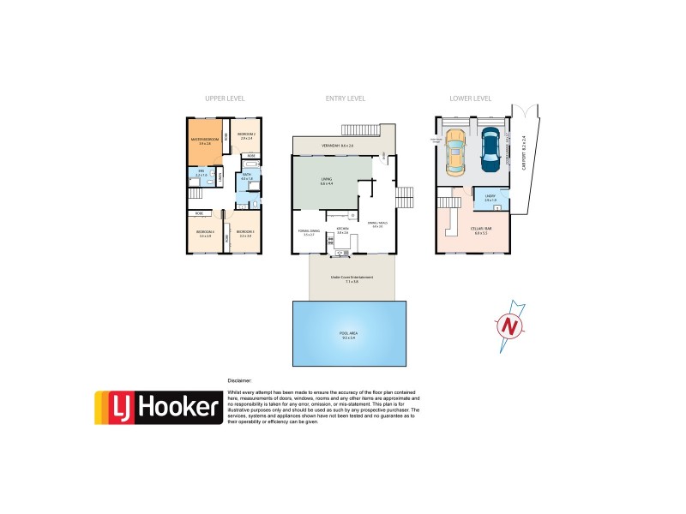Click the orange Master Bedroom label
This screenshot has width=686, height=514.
[x=204, y=142]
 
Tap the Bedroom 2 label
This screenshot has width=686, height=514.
[x=247, y=135]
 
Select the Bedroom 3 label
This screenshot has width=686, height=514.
[x=245, y=233]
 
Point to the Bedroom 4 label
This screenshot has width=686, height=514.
[x=204, y=233]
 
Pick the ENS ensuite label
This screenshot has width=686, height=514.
[x=202, y=173]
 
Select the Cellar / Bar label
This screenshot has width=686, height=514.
[x=481, y=230]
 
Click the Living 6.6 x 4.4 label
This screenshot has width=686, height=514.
[x=326, y=181]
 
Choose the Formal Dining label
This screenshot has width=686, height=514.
[x=309, y=231]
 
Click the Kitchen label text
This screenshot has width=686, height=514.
[x=341, y=229]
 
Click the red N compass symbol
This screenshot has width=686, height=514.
[x=510, y=326]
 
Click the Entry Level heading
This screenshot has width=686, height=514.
[x=346, y=99]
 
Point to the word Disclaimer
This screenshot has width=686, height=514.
[x=240, y=378]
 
